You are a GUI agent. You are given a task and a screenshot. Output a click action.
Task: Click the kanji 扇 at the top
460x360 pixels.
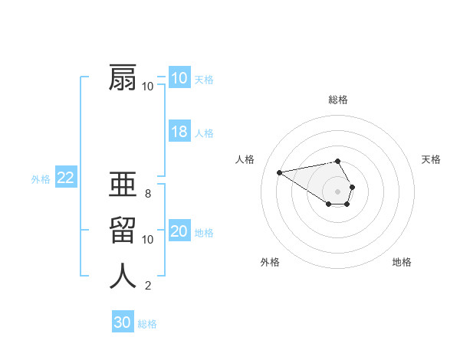(123, 78)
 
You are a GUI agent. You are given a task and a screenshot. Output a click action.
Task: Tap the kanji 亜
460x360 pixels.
(123, 185)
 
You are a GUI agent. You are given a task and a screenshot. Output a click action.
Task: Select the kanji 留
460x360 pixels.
(123, 231)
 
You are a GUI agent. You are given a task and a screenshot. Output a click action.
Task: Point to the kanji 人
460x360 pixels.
(123, 276)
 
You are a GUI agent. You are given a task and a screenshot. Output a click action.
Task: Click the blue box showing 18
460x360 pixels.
(179, 132)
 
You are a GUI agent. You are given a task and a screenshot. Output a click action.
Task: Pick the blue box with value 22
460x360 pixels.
(66, 178)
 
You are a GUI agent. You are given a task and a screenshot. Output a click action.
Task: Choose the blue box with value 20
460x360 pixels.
(179, 231)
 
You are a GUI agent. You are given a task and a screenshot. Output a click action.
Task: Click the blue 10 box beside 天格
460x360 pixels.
(179, 78)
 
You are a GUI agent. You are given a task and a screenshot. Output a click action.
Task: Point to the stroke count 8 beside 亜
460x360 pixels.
(147, 194)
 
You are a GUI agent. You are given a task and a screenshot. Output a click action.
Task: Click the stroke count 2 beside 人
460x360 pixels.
(147, 286)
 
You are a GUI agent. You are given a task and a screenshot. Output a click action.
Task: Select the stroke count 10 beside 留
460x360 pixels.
(147, 240)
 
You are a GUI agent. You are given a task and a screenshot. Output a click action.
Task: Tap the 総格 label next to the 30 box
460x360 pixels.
(147, 324)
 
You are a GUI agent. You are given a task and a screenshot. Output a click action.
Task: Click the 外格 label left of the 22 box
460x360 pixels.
(41, 179)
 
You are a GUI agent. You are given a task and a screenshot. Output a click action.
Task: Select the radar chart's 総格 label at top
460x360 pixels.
(338, 100)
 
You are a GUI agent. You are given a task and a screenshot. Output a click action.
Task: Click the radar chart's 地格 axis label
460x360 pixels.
(402, 262)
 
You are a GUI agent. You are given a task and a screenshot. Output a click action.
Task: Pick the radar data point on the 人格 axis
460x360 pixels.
(279, 172)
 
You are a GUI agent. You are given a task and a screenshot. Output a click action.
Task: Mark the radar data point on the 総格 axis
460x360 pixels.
(338, 161)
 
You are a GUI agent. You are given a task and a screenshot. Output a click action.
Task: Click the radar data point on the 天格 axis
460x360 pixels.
(352, 187)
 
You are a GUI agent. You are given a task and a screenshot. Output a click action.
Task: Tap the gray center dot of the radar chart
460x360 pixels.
(338, 191)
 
